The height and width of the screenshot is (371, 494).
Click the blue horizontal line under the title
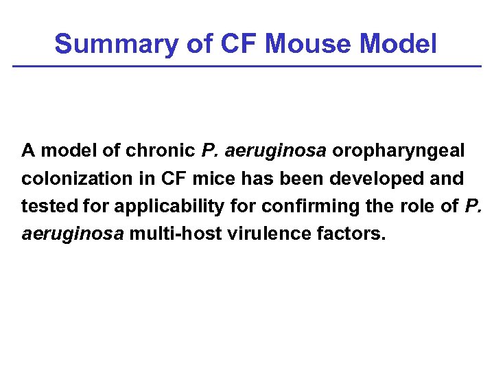(247, 66)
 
